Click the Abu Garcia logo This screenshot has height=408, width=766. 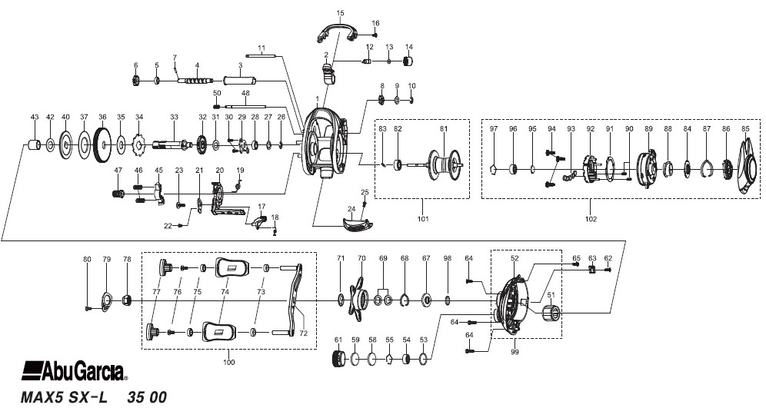pyautogui.click(x=75, y=371)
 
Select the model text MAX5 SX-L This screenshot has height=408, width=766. pyautogui.click(x=64, y=397)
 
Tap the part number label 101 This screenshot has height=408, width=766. pyautogui.click(x=423, y=219)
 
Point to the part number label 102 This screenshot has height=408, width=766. pyautogui.click(x=591, y=219)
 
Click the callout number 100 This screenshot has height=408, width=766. pyautogui.click(x=228, y=362)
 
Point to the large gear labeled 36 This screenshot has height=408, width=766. pyautogui.click(x=102, y=145)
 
